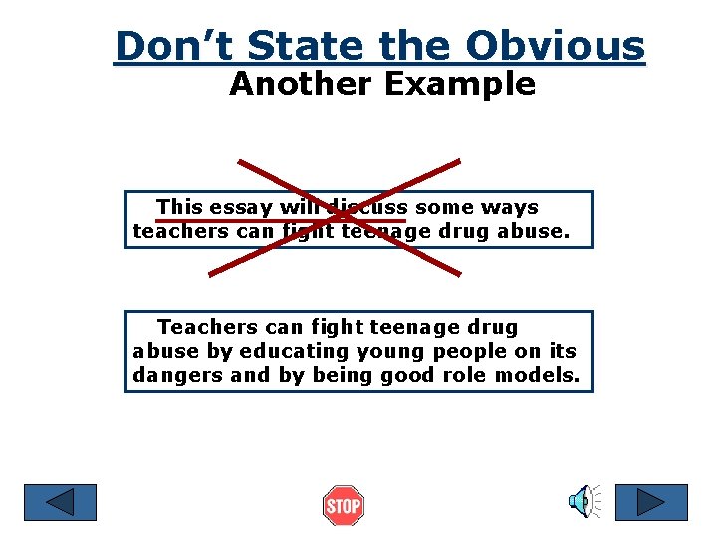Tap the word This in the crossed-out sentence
coord(179,207)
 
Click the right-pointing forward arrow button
coord(651,502)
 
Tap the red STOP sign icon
coord(344,506)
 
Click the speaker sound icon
coord(583,502)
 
